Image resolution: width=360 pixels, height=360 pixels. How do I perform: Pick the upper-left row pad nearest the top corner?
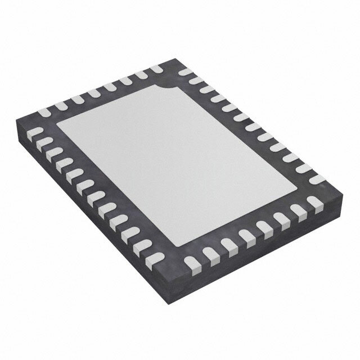(x=155, y=69)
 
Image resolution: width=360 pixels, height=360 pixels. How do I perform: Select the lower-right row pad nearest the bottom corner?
(x=192, y=262)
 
